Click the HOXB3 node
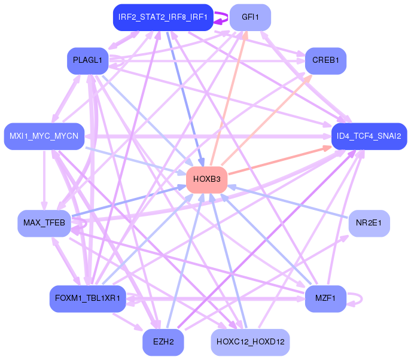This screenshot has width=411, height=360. click(206, 180)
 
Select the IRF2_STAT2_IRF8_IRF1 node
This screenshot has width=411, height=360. click(163, 17)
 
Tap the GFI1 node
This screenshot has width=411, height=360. click(250, 17)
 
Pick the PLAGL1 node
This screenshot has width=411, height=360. click(87, 61)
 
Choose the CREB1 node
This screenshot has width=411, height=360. click(325, 61)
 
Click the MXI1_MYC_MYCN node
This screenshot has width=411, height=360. click(44, 136)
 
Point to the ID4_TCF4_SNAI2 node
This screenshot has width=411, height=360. click(369, 136)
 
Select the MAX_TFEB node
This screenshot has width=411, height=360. click(44, 223)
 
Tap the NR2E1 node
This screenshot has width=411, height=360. click(369, 223)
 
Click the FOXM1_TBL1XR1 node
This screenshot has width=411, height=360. click(87, 298)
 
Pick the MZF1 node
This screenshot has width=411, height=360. click(325, 298)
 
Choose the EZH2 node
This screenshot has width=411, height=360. click(163, 342)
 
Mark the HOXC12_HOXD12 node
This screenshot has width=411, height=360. click(250, 342)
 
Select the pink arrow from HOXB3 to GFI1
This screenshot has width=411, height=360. click(229, 99)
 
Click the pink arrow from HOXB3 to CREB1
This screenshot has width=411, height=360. click(267, 120)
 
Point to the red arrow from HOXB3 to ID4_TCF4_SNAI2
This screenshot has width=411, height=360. click(280, 161)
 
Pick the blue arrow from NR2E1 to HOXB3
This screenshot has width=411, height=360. click(288, 202)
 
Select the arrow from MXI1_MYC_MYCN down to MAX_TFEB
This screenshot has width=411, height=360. click(44, 180)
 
